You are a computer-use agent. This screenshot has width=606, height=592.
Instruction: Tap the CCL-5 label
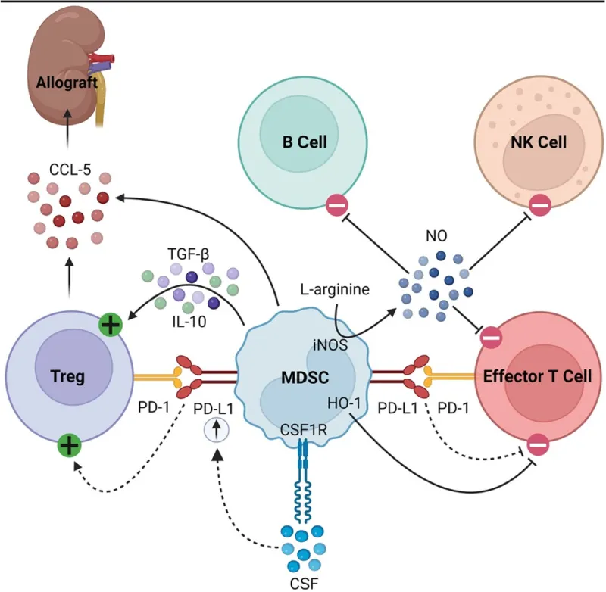click(x=67, y=170)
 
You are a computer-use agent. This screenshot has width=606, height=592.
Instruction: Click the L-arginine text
click(x=334, y=290)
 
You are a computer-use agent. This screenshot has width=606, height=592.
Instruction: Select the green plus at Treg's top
click(x=110, y=326)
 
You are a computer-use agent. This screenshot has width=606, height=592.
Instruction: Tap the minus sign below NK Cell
click(x=539, y=204)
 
